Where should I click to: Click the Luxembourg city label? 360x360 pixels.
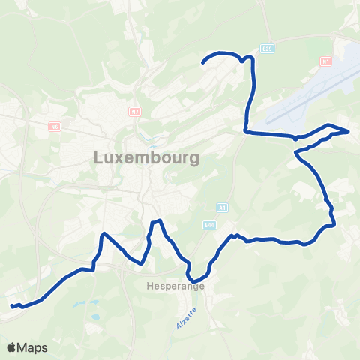147,158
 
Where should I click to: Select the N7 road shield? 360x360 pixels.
135,112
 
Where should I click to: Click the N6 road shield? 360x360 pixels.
54,127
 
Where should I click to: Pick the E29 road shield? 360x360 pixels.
270,49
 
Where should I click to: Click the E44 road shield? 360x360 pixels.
209,223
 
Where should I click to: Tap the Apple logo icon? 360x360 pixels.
11,347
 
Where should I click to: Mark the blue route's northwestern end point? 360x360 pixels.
204,63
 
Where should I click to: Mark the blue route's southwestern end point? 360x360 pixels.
11,306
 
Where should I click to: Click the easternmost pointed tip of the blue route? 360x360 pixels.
349,131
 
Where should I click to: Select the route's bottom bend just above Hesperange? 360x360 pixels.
192,282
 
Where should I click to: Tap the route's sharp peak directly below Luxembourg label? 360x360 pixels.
157,220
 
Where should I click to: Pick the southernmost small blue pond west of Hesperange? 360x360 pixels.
95,318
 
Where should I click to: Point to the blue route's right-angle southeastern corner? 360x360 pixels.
332,223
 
